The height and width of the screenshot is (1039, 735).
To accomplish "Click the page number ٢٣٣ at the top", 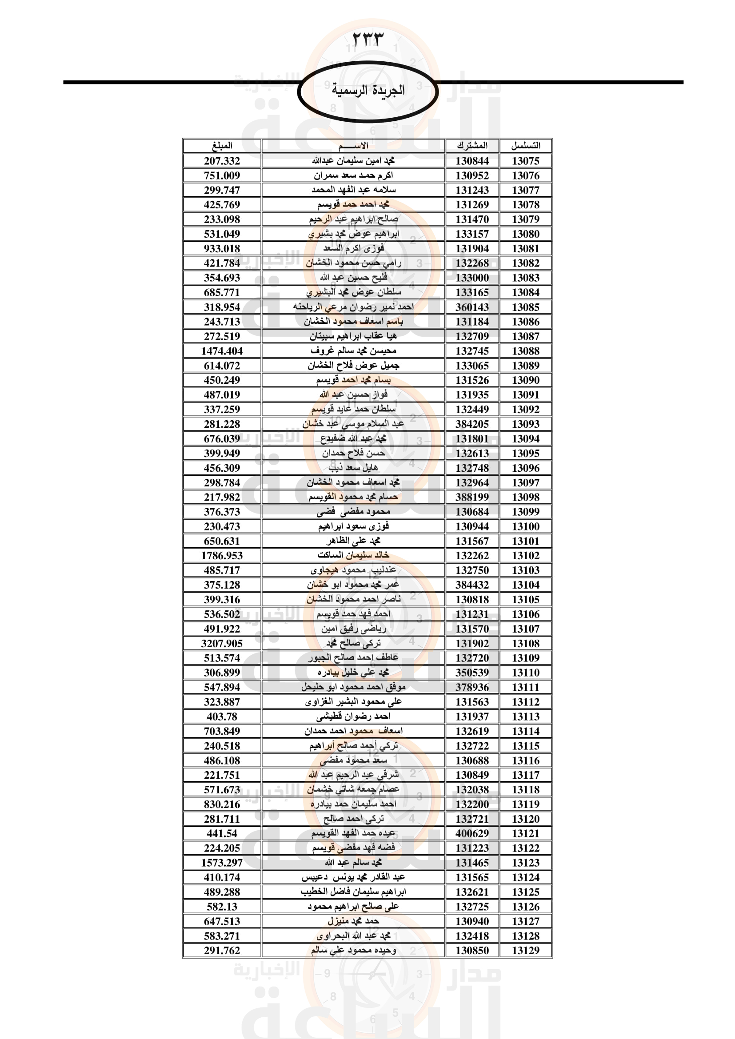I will click(367, 40).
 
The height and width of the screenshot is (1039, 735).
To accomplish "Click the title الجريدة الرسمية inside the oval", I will click(368, 91).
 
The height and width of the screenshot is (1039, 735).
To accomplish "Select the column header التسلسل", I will click(525, 146).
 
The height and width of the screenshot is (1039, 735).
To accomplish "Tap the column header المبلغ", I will click(222, 146).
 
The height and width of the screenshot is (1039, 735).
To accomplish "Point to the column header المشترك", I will click(472, 146).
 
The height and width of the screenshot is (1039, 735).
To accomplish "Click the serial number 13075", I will click(525, 161).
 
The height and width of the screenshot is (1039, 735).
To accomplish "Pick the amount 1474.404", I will click(222, 351).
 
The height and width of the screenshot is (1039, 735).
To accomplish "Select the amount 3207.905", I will click(222, 643).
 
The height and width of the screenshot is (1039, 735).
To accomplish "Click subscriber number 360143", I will click(472, 307).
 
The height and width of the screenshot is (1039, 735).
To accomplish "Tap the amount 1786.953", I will click(222, 555).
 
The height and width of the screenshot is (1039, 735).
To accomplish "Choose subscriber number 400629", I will click(472, 833).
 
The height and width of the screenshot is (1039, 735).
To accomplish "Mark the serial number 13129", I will click(525, 950).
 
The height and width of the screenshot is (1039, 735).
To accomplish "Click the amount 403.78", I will click(222, 717).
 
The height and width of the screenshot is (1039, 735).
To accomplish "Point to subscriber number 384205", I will click(472, 424).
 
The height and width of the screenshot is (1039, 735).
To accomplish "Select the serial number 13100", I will click(525, 526).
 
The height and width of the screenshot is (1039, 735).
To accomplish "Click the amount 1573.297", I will click(222, 863).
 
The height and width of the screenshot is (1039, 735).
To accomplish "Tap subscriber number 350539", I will click(472, 673).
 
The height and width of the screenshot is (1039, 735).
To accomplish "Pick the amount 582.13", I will click(222, 907).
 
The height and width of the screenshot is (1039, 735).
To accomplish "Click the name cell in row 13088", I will click(353, 351).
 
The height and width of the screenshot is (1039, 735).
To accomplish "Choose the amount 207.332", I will click(222, 161).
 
